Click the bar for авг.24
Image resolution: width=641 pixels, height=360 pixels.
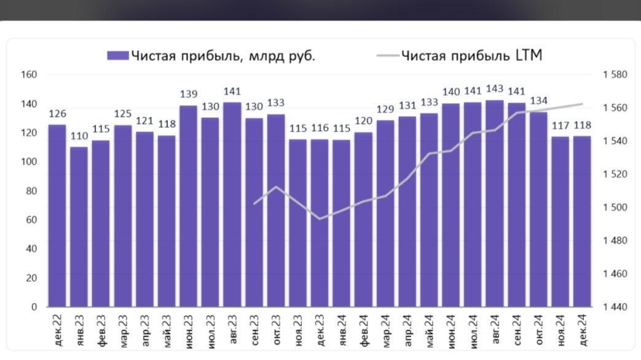pyautogui.click(x=495, y=203)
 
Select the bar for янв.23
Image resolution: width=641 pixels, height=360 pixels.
pyautogui.click(x=79, y=227)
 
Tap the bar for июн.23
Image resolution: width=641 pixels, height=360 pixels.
pyautogui.click(x=189, y=206)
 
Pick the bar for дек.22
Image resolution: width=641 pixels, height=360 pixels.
pyautogui.click(x=57, y=215)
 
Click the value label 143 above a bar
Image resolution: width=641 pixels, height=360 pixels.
pyautogui.click(x=495, y=89)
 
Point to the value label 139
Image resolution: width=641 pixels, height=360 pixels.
pyautogui.click(x=189, y=94)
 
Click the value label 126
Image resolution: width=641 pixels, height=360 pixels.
pyautogui.click(x=57, y=114)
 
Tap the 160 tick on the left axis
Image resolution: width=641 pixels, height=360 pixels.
pyautogui.click(x=30, y=74)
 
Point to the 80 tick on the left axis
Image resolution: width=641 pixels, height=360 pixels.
pyautogui.click(x=32, y=191)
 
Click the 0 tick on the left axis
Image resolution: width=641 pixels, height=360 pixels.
pyautogui.click(x=34, y=307)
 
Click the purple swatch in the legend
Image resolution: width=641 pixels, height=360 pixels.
pyautogui.click(x=117, y=56)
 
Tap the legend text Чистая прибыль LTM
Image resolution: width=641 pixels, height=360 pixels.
pyautogui.click(x=471, y=56)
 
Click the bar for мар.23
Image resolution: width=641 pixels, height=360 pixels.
pyautogui.click(x=123, y=216)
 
